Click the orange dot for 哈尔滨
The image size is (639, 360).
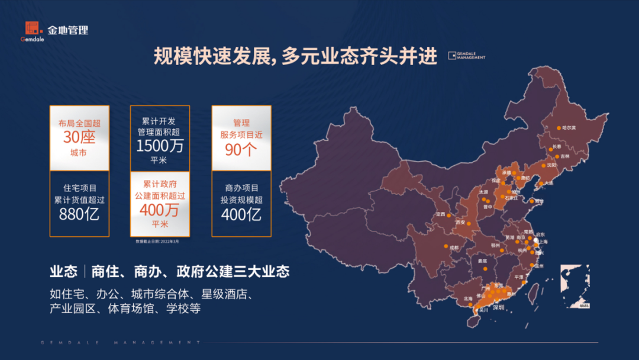[559, 127]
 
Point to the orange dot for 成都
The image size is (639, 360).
[445, 247]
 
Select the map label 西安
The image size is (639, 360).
[461, 222]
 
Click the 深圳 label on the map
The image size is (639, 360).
[498, 307]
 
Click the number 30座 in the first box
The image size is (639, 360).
[79, 137]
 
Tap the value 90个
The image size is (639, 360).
[241, 149]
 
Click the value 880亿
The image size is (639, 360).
[79, 214]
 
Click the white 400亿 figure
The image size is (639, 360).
[241, 214]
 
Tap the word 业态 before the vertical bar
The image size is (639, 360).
[63, 272]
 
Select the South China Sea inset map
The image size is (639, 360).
[575, 287]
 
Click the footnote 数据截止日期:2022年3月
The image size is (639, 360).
[157, 242]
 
